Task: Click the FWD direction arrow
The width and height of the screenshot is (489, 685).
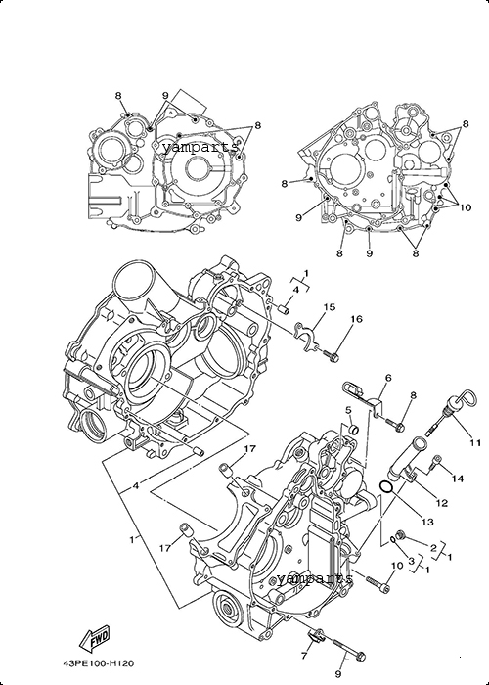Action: click(94, 639)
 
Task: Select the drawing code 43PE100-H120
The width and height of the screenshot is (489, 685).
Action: click(98, 664)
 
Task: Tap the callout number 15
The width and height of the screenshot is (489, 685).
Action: click(330, 307)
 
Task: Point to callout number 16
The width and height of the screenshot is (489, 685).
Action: click(356, 319)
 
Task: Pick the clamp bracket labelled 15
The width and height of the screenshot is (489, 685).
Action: click(305, 338)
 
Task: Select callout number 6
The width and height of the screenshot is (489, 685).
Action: click(388, 378)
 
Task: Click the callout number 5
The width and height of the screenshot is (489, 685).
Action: click(348, 410)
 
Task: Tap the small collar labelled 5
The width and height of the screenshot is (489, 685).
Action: click(353, 429)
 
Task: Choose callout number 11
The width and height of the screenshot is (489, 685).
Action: click(475, 443)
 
